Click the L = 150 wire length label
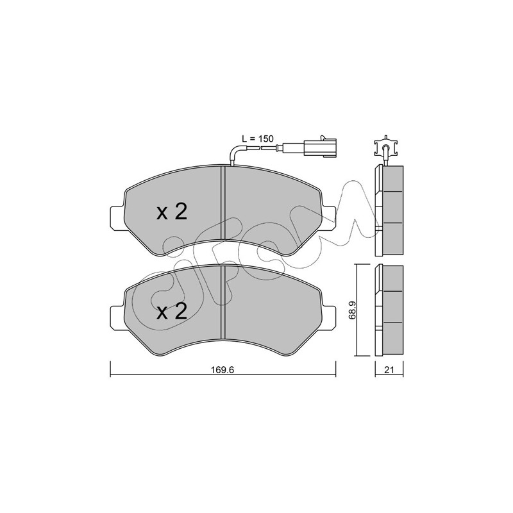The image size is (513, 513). pyautogui.click(x=257, y=139)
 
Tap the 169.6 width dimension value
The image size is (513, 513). pyautogui.click(x=223, y=370)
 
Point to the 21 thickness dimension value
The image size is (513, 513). pyautogui.click(x=389, y=370)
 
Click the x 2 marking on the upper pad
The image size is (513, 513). pyautogui.click(x=172, y=212)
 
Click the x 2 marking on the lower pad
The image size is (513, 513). pyautogui.click(x=172, y=311)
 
